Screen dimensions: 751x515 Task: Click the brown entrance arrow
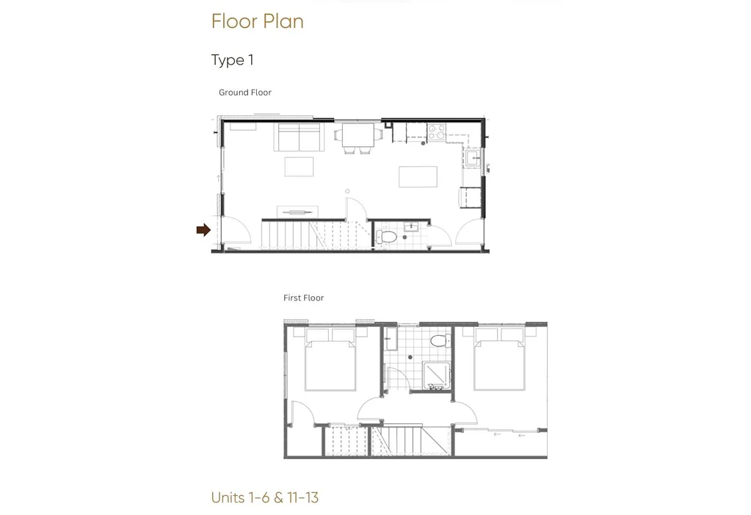click(x=203, y=230)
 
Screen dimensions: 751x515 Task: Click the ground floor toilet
click(x=386, y=237)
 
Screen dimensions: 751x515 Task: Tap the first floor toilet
click(x=440, y=341)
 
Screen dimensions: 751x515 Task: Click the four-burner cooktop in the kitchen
click(x=436, y=132)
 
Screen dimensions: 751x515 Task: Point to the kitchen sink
click(x=473, y=158)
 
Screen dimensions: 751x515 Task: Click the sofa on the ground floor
click(x=299, y=137)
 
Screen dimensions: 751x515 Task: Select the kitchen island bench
click(x=418, y=176)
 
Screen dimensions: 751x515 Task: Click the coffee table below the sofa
click(x=300, y=167)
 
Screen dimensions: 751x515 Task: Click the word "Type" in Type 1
click(x=228, y=60)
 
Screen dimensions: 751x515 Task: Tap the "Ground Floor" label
click(x=244, y=93)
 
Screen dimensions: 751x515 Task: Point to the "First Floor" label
click(x=303, y=298)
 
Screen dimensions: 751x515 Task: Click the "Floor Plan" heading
click(x=257, y=21)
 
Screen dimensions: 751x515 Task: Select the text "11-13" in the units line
click(x=303, y=498)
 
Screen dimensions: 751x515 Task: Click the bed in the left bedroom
click(x=330, y=364)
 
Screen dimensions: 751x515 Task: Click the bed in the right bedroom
click(x=499, y=363)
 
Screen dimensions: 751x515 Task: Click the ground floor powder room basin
click(x=411, y=226)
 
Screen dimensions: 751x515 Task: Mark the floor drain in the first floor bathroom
click(x=410, y=357)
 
